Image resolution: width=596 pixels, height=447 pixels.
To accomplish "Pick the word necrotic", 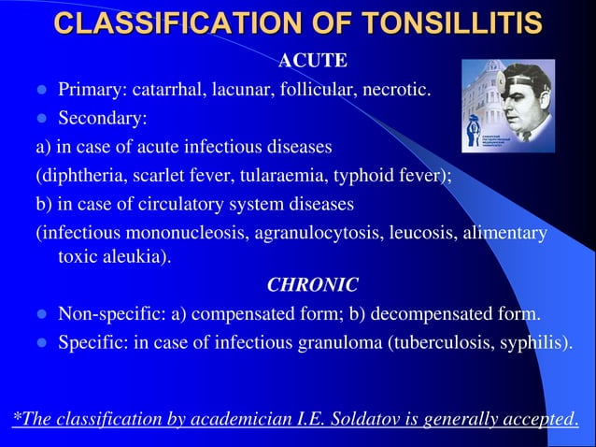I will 396,91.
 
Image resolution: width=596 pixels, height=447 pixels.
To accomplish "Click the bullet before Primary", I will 40,92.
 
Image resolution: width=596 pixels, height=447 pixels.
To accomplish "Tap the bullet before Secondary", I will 40,120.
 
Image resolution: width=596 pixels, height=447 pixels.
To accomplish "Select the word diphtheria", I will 76,175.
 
